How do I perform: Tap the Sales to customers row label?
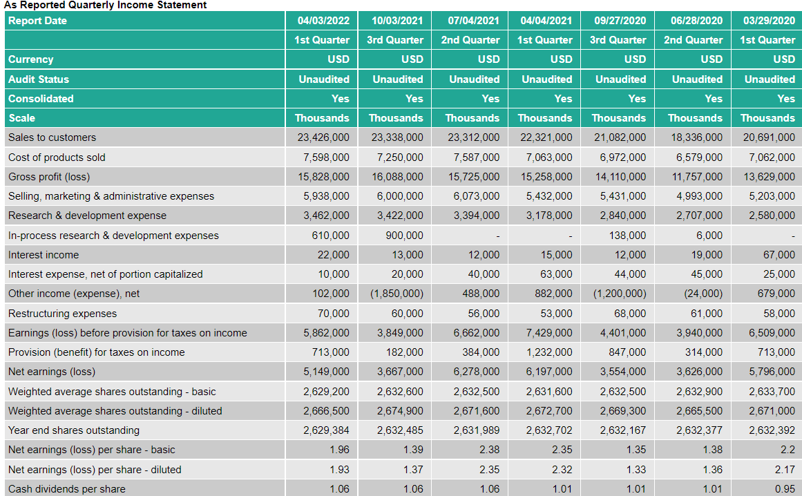coord(52,137)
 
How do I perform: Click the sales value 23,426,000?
coord(323,137)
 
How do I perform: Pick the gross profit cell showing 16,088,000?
coord(396,177)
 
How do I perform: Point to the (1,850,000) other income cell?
coord(397,294)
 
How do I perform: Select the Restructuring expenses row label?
coord(63,314)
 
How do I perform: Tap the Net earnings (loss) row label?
coord(52,372)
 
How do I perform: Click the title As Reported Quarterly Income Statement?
coord(105,5)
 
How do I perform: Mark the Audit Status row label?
coord(39,79)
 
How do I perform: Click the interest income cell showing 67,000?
coord(779,255)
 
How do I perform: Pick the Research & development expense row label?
coord(87,216)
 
